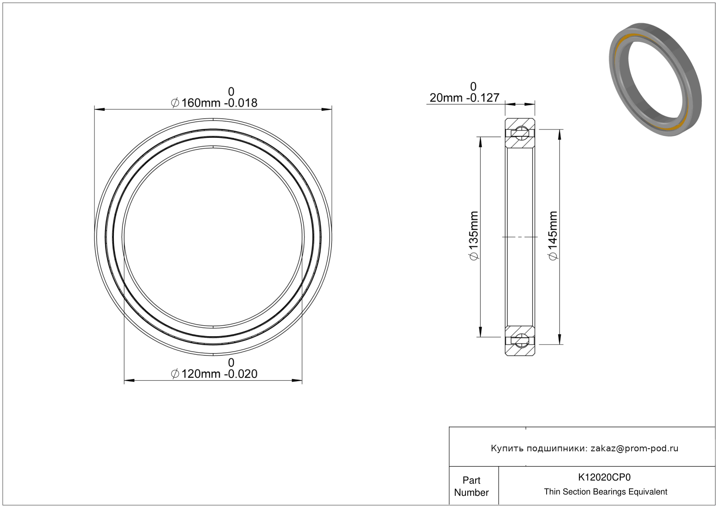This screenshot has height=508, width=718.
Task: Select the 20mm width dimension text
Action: point(465,98)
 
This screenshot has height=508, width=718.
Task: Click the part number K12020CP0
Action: point(604,477)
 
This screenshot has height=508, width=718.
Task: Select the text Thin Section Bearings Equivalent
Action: point(605,492)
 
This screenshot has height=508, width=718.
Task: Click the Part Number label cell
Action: point(472,486)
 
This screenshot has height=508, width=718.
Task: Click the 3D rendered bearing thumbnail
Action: point(655,79)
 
